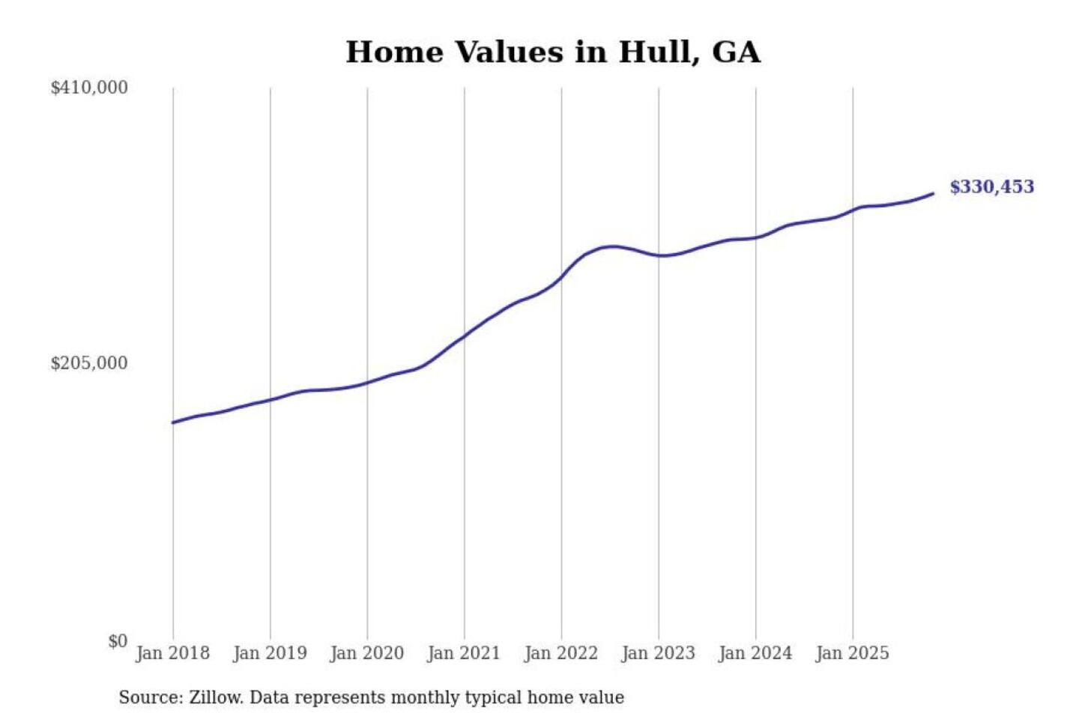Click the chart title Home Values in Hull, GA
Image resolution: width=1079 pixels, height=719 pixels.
[x=553, y=52]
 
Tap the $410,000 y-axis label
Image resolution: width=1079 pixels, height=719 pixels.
[x=89, y=88]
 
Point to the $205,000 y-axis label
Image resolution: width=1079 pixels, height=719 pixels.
[x=89, y=363]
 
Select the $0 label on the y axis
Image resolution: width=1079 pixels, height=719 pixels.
[x=118, y=641]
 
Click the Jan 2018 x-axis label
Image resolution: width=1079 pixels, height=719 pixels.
[x=173, y=653]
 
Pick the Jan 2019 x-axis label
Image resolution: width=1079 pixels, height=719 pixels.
[x=270, y=653]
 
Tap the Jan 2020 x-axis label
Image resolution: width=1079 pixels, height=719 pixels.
[x=367, y=653]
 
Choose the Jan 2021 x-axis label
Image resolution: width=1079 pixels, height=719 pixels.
[x=464, y=653]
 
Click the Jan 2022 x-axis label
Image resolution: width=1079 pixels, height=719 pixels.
[x=561, y=653]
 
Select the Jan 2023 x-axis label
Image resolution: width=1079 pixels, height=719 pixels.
[x=659, y=653]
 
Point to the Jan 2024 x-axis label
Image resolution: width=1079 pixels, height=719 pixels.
[x=755, y=653]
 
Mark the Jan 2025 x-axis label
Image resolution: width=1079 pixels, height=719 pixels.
[x=853, y=653]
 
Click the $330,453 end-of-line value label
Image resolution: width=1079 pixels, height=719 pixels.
[x=992, y=187]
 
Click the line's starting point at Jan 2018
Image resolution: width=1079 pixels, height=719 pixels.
[x=173, y=422]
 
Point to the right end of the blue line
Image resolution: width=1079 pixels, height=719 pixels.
[x=933, y=194]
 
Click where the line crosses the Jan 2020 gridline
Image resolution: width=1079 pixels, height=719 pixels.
[x=367, y=383]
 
